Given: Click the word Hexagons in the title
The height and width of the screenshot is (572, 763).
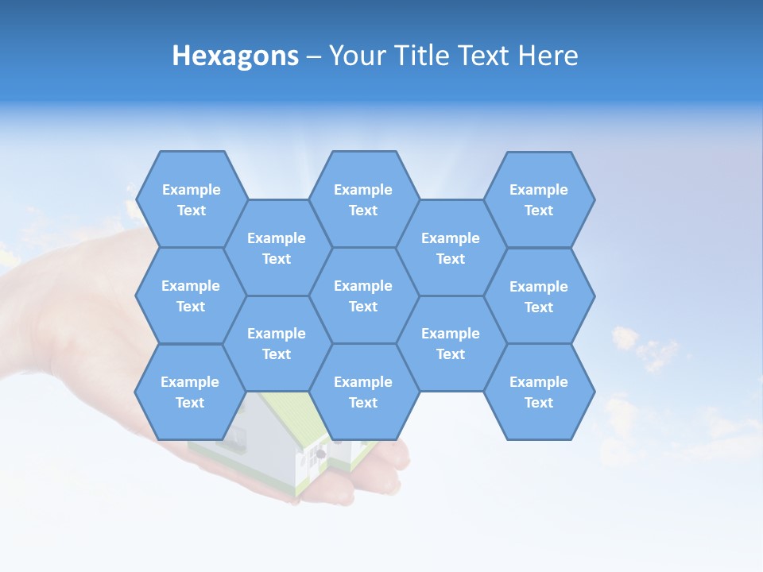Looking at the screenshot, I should click(x=235, y=56).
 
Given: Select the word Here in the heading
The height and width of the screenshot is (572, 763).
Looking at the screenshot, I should click(x=548, y=56).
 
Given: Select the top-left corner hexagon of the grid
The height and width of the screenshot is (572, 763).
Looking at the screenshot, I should click(x=191, y=199).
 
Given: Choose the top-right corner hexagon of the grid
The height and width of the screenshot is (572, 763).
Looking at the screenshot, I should click(x=539, y=199).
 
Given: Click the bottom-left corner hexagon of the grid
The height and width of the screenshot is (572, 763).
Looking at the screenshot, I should click(x=190, y=392).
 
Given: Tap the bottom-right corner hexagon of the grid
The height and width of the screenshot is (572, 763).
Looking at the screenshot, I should click(x=539, y=392).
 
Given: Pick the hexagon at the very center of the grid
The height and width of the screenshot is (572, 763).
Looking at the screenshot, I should click(x=363, y=296).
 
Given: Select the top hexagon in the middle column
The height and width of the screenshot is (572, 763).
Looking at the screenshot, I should click(x=363, y=199).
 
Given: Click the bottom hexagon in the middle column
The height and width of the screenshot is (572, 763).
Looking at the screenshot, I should click(x=363, y=392).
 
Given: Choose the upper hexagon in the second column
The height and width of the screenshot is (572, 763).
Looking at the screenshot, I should click(x=277, y=248).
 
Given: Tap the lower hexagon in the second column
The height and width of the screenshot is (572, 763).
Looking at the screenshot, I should click(x=277, y=343).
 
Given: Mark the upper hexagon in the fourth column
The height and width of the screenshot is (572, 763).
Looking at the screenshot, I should click(x=451, y=248).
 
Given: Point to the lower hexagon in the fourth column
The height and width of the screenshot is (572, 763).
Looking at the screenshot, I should click(x=451, y=343).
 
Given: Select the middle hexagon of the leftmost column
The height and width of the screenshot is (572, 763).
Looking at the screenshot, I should click(x=191, y=296).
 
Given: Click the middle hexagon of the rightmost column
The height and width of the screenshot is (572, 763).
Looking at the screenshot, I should click(x=539, y=296).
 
